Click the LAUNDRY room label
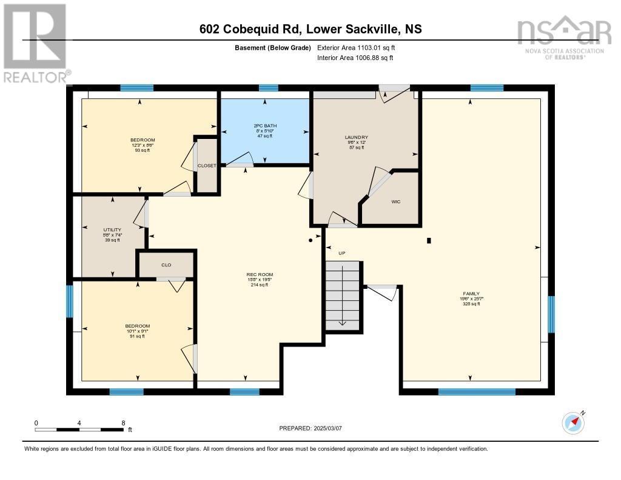coord(357,137)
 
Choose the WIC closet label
coord(395,201)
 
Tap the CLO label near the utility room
coord(166,265)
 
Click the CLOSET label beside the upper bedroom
coord(207,166)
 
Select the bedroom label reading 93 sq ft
coord(143,140)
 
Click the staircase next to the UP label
coord(344,296)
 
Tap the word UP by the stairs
coord(341,253)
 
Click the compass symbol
coord(573,422)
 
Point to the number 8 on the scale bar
coord(123,423)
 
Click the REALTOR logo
coord(35,42)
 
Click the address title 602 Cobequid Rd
coord(310,29)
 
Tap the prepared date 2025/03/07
coord(310,428)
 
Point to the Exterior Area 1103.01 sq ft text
coord(360,47)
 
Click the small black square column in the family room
coord(429,240)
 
